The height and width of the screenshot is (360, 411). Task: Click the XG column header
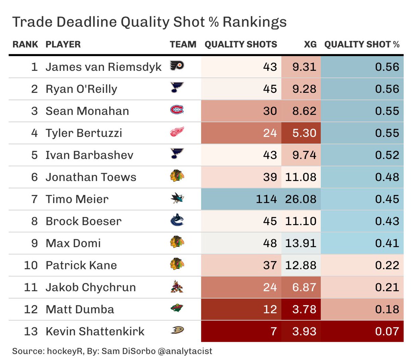[x=310, y=44]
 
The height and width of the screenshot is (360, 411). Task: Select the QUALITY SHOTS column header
[x=241, y=44]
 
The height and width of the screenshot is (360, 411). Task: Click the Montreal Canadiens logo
[x=177, y=110]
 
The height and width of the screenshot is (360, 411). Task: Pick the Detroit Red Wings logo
[x=177, y=132]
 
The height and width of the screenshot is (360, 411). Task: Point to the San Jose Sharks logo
[x=177, y=198]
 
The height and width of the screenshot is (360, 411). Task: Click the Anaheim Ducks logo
[x=177, y=331]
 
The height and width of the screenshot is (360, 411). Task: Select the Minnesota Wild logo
[x=177, y=309]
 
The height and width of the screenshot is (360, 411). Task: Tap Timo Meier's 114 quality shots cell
[x=266, y=199]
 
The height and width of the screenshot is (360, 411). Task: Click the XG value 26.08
[x=301, y=199]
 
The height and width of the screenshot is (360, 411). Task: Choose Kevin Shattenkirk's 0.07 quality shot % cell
[x=387, y=331]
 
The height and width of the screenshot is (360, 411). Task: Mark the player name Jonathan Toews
[x=91, y=177]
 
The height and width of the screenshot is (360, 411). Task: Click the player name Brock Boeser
[x=83, y=221]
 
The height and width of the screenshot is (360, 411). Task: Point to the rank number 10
[x=30, y=265]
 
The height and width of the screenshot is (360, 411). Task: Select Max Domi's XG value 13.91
[x=301, y=243]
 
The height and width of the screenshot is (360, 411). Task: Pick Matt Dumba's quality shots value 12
[x=270, y=309]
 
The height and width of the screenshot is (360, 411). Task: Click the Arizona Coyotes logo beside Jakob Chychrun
[x=177, y=287]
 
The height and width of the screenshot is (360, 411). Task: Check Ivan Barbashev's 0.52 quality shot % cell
[x=387, y=155]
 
